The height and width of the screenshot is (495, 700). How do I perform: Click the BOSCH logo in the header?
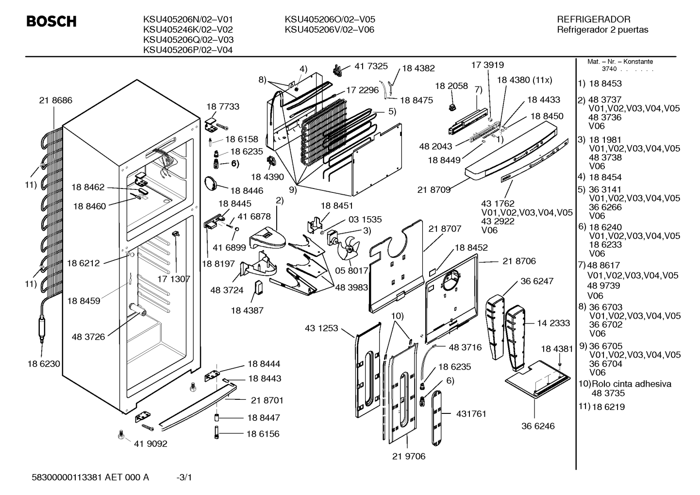click(51, 21)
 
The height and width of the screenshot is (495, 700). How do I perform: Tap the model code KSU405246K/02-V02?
click(188, 30)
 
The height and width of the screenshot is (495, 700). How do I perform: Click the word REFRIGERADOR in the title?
click(593, 19)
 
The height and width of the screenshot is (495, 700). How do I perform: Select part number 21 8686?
click(56, 100)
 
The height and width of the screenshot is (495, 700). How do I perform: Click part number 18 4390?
click(267, 177)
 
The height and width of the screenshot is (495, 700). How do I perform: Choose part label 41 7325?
click(371, 66)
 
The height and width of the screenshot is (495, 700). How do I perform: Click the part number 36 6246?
click(538, 426)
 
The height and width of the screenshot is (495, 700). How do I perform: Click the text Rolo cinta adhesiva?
click(632, 384)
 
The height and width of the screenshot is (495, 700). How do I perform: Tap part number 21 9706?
click(409, 456)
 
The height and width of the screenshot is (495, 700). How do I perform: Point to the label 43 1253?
click(321, 328)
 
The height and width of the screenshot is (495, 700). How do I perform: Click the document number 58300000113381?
click(67, 478)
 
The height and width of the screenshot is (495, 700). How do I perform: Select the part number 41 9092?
click(150, 444)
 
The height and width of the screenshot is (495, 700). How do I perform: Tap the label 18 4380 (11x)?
click(525, 80)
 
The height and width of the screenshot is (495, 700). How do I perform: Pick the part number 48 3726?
click(88, 337)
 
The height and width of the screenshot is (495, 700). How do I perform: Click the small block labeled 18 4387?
click(259, 288)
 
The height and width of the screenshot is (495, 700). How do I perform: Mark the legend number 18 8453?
click(605, 84)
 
